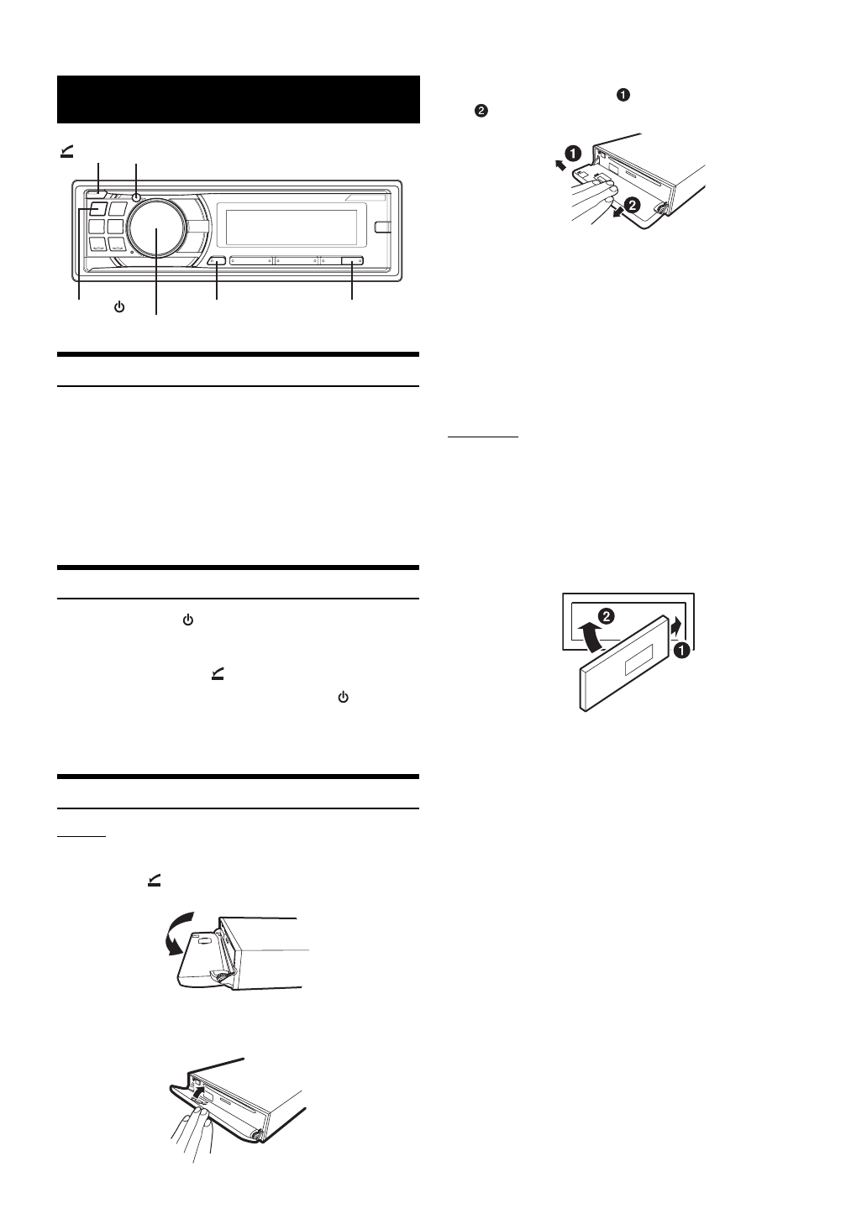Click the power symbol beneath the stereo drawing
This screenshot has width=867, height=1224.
tap(119, 307)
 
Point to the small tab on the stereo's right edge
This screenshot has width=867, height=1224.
tap(384, 226)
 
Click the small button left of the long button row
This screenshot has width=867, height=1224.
tap(217, 261)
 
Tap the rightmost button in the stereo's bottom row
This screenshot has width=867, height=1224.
tap(352, 261)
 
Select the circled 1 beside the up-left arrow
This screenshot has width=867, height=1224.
tap(571, 154)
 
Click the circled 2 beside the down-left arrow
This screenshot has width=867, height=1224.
tap(633, 204)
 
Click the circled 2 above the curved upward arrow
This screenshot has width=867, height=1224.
tap(607, 616)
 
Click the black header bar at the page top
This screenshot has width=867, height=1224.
tap(238, 99)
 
